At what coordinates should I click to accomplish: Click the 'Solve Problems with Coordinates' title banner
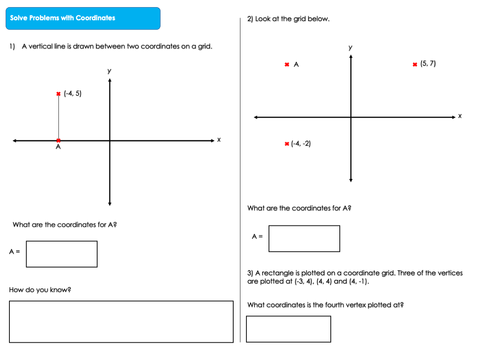point(83,18)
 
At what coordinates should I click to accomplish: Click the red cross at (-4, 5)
point(58,94)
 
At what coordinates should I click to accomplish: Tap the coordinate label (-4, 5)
point(73,93)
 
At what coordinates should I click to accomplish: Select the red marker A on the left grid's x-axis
point(58,141)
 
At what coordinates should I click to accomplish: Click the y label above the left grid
point(109,71)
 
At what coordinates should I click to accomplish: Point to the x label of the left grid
point(219,140)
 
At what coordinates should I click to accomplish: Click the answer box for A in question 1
point(61,254)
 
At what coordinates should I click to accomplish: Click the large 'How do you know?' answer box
point(121,321)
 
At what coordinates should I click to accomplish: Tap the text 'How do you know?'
point(40,290)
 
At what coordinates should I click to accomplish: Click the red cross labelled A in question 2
point(287,64)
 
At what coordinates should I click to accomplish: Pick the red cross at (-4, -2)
point(287,144)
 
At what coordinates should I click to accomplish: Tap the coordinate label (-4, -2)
point(301,144)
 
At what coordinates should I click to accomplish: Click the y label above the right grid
point(350,48)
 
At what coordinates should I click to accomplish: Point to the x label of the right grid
point(460,116)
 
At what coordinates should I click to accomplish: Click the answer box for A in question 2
point(304,238)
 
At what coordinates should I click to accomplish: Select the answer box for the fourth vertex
point(288,329)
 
